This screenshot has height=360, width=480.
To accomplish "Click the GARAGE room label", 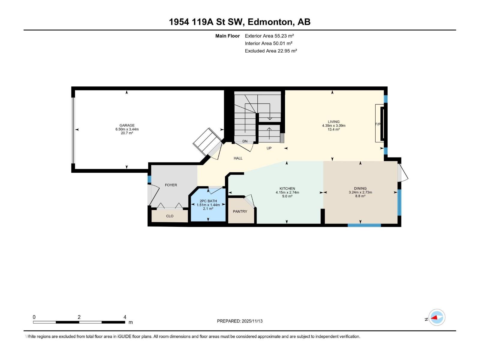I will pyautogui.click(x=127, y=125).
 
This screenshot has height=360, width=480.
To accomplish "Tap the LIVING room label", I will pyautogui.click(x=334, y=122).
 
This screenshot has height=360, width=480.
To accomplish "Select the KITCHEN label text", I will pyautogui.click(x=287, y=189).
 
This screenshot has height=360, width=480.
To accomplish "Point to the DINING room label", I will pyautogui.click(x=360, y=188).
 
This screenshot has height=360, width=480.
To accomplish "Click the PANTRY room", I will pyautogui.click(x=240, y=211).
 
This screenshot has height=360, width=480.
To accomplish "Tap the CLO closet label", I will pyautogui.click(x=170, y=216).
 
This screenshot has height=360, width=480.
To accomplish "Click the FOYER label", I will pyautogui.click(x=171, y=185).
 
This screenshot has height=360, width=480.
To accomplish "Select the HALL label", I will pyautogui.click(x=238, y=158).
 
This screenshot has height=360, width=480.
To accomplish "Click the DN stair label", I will pyautogui.click(x=245, y=141).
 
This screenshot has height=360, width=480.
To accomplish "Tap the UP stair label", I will pyautogui.click(x=269, y=148).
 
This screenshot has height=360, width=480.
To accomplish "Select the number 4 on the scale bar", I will pyautogui.click(x=125, y=317).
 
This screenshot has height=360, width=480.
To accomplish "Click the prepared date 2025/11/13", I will pyautogui.click(x=252, y=321).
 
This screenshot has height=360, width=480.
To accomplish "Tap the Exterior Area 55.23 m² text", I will pyautogui.click(x=269, y=36).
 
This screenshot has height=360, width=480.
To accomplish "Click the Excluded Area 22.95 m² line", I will pyautogui.click(x=271, y=51).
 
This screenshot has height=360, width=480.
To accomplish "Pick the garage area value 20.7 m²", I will pyautogui.click(x=127, y=133).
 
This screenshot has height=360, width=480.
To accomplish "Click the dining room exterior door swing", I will pyautogui.click(x=403, y=174).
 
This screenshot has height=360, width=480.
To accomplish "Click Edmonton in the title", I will pyautogui.click(x=270, y=22).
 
